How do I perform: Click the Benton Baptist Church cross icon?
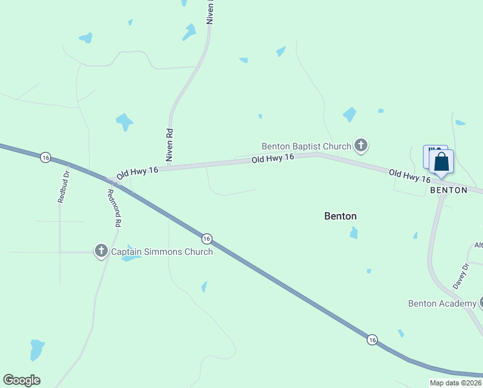[x=361, y=146]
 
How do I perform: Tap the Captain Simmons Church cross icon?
[x=101, y=251]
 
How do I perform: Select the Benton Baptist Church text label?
[x=306, y=146]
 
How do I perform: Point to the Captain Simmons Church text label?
[x=161, y=252]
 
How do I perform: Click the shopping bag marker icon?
[x=441, y=162]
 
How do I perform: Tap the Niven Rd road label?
[x=170, y=145]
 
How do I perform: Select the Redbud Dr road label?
[x=63, y=188]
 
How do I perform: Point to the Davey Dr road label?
[x=460, y=275]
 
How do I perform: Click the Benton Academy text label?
[x=442, y=303]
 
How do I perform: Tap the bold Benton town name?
[x=340, y=217]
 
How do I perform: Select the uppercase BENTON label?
[x=448, y=190]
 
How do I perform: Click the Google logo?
[x=21, y=380]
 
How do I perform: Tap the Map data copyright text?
[x=455, y=383]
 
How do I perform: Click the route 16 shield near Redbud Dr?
[x=45, y=157]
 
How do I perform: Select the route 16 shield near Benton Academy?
[x=372, y=339]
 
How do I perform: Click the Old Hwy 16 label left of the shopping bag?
[x=409, y=175]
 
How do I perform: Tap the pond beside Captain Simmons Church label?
[x=130, y=257]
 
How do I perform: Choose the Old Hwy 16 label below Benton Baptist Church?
[x=273, y=158]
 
